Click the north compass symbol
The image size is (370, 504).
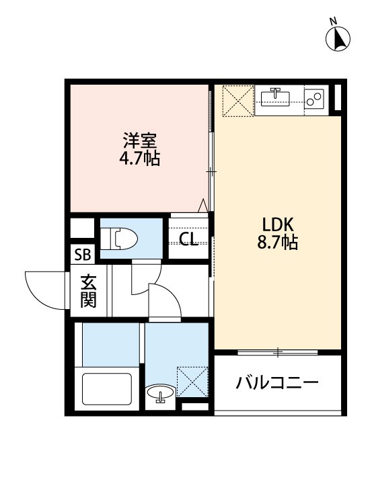339,38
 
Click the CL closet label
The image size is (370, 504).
189,238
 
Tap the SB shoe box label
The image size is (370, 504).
84,255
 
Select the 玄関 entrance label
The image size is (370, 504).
88,290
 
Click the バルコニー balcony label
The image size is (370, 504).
276,384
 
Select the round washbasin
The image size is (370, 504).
160,394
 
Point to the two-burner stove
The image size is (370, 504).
314,98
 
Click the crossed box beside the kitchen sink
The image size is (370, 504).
237,99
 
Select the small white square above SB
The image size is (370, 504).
83,228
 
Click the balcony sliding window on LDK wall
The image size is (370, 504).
276,351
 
